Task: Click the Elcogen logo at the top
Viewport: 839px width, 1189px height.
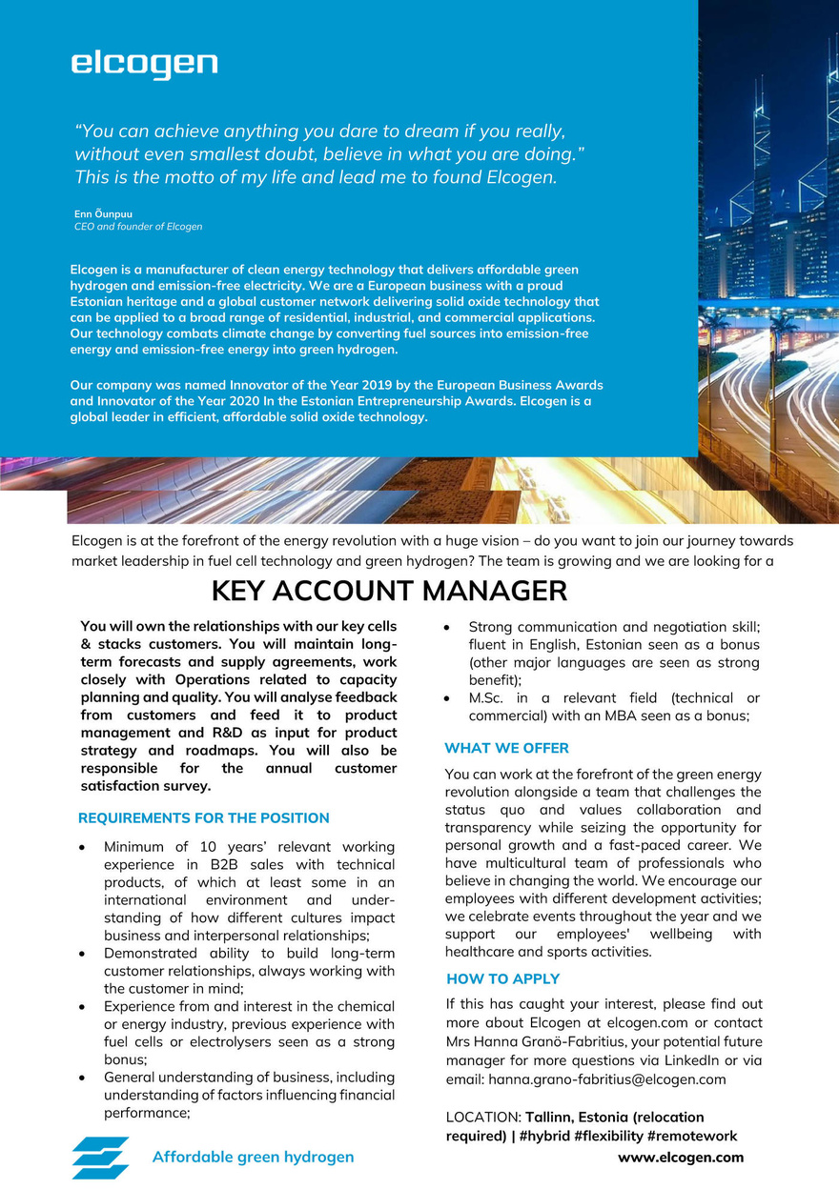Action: (x=144, y=65)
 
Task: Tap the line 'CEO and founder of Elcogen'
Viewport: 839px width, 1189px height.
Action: (x=138, y=227)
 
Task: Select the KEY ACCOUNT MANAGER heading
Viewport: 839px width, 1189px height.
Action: (x=389, y=592)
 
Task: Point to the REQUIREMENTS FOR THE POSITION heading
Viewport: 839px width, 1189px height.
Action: (x=204, y=818)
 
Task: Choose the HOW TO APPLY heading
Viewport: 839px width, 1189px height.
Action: (x=503, y=979)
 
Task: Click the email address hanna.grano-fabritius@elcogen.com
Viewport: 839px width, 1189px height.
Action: (x=607, y=1080)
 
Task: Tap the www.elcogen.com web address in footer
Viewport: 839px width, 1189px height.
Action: (x=681, y=1158)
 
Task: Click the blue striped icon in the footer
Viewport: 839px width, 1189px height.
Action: (x=100, y=1158)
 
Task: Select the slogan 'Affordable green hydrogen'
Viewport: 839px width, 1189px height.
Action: (x=253, y=1158)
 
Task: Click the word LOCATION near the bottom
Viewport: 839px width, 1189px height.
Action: (x=482, y=1117)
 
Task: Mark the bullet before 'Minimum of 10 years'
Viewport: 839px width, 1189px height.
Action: (x=86, y=847)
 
